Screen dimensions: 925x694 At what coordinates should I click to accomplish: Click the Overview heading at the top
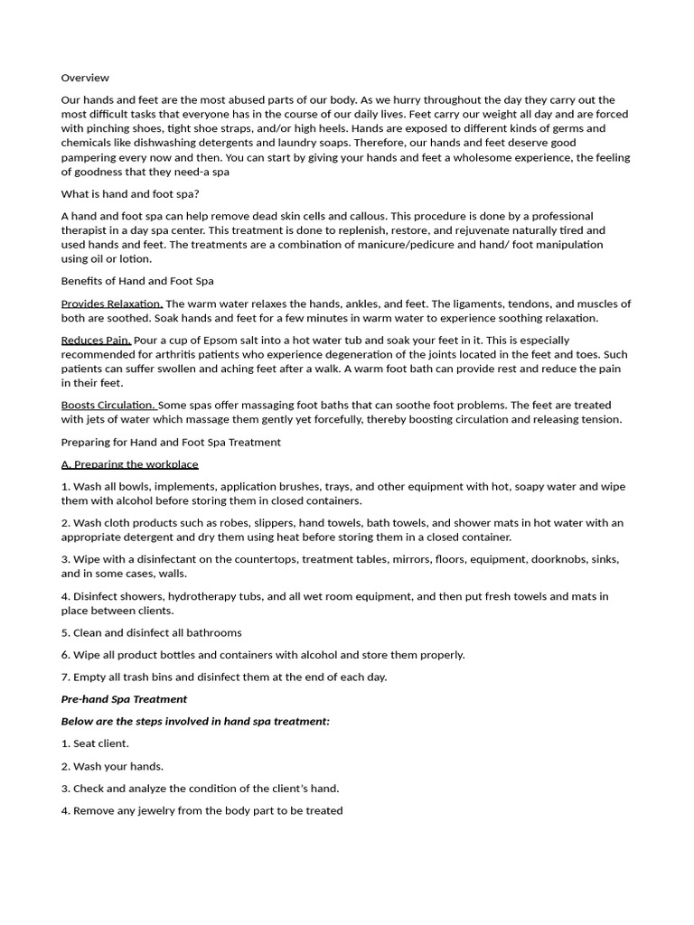click(85, 78)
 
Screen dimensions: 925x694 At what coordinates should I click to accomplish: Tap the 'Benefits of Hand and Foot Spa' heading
click(136, 281)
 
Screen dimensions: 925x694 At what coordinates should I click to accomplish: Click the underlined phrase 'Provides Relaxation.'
click(112, 304)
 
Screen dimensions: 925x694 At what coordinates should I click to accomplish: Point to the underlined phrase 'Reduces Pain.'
click(96, 340)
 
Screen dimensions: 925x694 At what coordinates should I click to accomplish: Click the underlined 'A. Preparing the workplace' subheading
click(129, 464)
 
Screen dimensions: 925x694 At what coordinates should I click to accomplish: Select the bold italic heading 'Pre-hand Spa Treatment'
click(124, 699)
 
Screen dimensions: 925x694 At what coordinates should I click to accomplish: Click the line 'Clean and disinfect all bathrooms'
click(157, 632)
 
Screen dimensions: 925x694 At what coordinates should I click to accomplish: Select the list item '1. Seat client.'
click(95, 743)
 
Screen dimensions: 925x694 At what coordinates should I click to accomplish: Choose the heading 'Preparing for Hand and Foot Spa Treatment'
click(171, 442)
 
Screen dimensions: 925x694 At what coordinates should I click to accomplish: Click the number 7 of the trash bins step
click(64, 677)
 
